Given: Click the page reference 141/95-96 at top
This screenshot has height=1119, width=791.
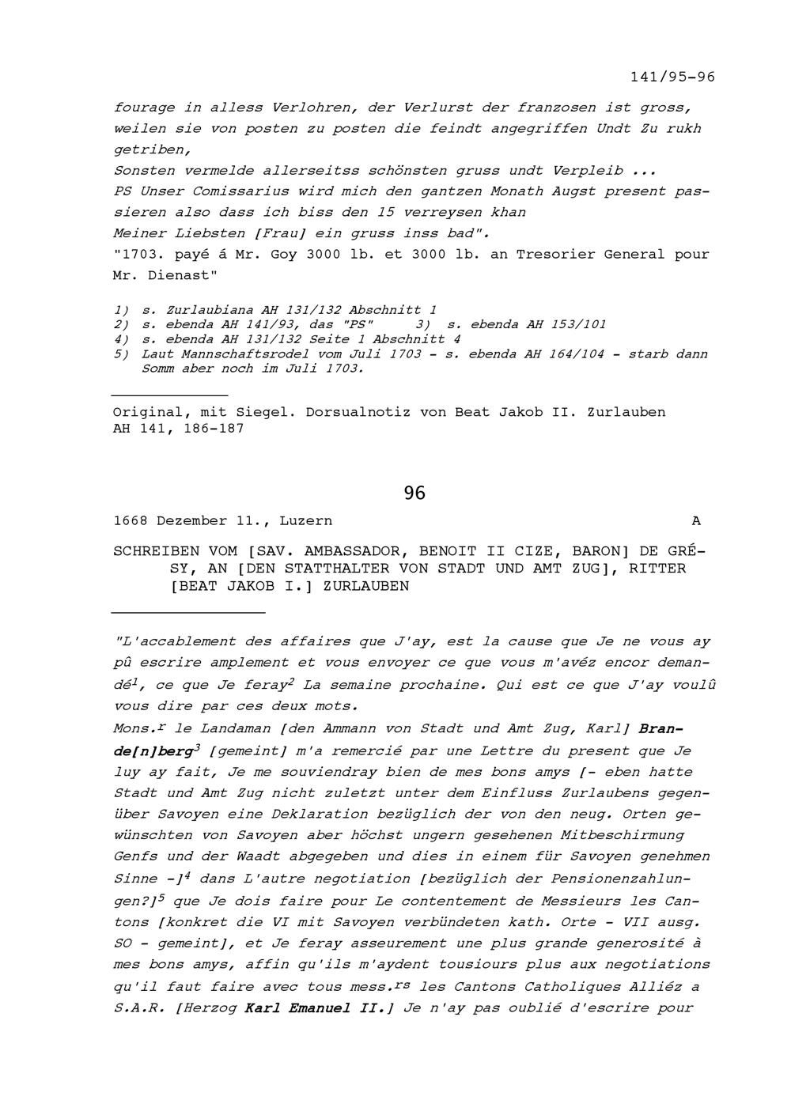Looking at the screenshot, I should coord(672,77).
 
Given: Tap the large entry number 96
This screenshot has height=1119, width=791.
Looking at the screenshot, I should coord(414,493).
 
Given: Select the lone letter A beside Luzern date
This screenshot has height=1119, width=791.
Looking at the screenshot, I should coord(696,521).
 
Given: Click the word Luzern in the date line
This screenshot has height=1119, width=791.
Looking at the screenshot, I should coord(305,521).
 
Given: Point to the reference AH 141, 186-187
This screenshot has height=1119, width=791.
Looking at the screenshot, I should coord(179,429).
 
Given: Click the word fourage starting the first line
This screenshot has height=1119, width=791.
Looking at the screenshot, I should coord(144,107).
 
